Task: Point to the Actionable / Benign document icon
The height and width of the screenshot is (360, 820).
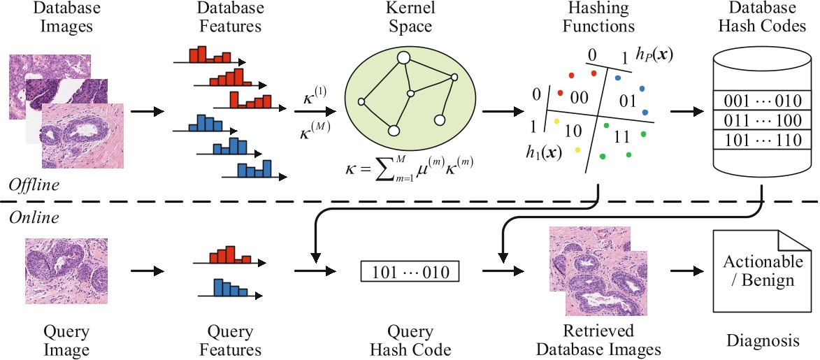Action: tap(763, 271)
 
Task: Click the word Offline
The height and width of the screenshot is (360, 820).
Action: tap(33, 185)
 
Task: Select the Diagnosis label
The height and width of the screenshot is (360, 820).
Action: tap(761, 341)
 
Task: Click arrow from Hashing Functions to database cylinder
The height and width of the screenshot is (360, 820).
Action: tap(688, 112)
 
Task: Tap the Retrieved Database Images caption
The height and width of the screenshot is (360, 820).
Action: tap(600, 339)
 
